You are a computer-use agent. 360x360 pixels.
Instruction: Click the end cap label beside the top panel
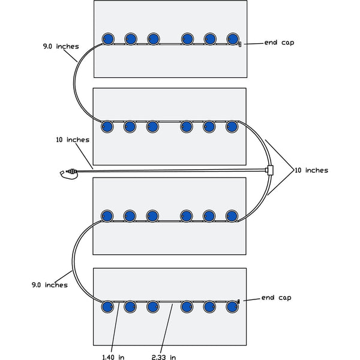279,43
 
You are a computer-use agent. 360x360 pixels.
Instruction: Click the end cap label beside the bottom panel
276,298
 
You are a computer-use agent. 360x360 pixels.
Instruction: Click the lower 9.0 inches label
50,285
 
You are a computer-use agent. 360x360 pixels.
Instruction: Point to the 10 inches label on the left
72,140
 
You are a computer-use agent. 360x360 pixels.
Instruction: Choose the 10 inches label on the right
311,170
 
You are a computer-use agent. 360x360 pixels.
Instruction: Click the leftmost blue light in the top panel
107,39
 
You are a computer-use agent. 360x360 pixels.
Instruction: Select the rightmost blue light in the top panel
233,39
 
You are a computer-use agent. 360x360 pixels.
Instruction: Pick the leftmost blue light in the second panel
107,127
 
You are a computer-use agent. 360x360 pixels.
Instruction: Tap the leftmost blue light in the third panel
107,216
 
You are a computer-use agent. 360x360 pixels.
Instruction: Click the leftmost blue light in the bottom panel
107,307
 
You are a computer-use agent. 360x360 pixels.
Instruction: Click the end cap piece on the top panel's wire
239,44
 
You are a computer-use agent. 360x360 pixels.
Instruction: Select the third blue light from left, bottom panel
152,307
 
